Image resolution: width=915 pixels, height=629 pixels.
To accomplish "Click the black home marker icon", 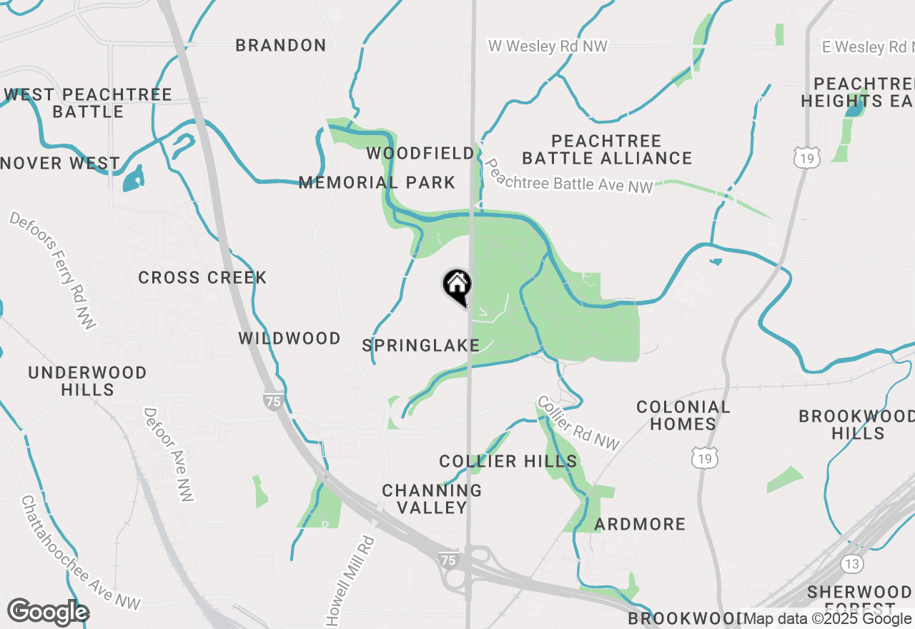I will [x=457, y=287].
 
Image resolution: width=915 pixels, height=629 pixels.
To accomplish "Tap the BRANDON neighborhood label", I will [x=281, y=46].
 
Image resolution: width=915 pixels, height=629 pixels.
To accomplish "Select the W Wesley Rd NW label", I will [x=548, y=46].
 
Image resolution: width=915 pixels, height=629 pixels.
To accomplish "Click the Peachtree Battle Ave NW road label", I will [x=569, y=177].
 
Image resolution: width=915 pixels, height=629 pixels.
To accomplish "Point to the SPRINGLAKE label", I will [x=420, y=346].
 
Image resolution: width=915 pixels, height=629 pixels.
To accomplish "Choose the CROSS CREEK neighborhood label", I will [x=202, y=278].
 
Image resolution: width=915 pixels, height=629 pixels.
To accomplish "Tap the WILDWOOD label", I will [x=290, y=339].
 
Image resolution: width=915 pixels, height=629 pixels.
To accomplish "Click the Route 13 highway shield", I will [x=851, y=563].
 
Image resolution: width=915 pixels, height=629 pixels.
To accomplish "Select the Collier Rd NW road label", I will [x=578, y=423].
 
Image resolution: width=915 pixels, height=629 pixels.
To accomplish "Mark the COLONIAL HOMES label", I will [x=683, y=416].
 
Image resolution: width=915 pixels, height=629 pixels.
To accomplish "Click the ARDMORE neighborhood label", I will [x=640, y=525].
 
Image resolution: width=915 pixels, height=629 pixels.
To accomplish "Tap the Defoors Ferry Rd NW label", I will [x=53, y=270].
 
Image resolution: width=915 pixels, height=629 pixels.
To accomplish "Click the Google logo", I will [x=48, y=613].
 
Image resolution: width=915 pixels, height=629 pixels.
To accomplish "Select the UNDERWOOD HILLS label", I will [x=88, y=381].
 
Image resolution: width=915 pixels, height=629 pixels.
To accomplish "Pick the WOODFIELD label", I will [x=420, y=154].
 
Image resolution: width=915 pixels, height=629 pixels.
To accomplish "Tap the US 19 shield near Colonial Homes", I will [x=706, y=458].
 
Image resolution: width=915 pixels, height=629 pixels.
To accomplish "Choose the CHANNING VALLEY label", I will [x=432, y=499].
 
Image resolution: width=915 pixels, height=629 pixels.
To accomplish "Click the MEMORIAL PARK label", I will [x=377, y=183].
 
